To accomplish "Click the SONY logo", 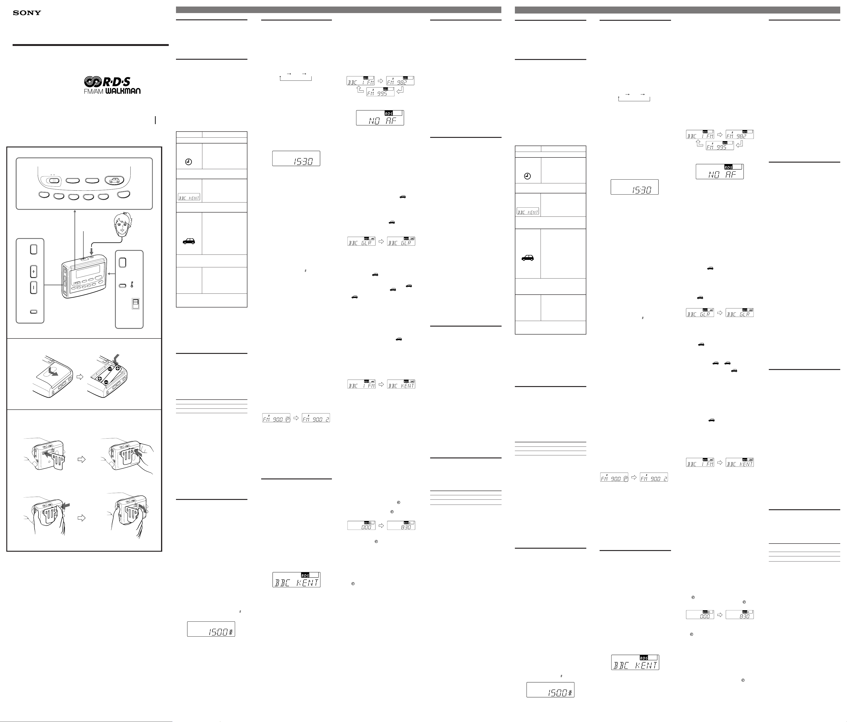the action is click(27, 13).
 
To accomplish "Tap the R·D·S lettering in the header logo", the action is click(116, 82).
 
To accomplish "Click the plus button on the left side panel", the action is click(34, 271).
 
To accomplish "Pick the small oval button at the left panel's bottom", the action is click(34, 312).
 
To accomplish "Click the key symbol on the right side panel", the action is click(132, 285).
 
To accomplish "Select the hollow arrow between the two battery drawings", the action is click(80, 377).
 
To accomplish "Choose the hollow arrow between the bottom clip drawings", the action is click(82, 518).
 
